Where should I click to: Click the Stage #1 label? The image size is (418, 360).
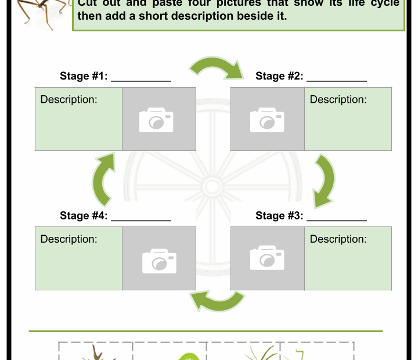click(x=84, y=76)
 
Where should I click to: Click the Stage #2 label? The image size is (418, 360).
click(x=279, y=76)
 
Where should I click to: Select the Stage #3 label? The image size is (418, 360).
click(x=279, y=216)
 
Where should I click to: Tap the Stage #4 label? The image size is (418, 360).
click(x=84, y=216)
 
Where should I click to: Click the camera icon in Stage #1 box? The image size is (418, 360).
click(x=157, y=120)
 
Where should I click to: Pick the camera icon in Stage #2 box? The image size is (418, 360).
click(x=267, y=120)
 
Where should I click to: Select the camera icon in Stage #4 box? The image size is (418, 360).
click(x=159, y=261)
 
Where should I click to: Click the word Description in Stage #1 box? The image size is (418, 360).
click(x=69, y=99)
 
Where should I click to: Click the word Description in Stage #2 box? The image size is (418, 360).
click(x=338, y=99)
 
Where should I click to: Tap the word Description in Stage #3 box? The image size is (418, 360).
click(x=338, y=239)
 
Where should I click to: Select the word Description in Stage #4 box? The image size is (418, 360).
click(x=69, y=239)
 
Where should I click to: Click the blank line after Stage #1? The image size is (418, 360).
click(x=141, y=80)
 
